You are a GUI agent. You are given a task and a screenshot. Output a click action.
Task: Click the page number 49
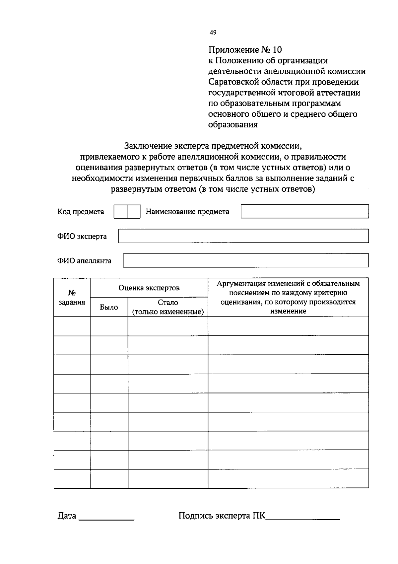click(x=213, y=33)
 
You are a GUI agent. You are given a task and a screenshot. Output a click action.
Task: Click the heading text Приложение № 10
click(x=245, y=50)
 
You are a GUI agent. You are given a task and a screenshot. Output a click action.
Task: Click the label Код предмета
click(x=81, y=212)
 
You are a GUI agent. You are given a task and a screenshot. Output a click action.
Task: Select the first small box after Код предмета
click(x=120, y=212)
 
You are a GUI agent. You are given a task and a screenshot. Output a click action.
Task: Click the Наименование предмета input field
click(x=304, y=211)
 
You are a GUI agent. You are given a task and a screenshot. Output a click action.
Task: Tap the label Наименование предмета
click(x=187, y=212)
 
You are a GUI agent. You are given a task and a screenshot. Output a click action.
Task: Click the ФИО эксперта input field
click(x=243, y=236)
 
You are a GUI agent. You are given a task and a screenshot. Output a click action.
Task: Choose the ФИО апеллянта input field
click(x=245, y=260)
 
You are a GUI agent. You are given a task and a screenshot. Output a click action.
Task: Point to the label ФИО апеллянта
click(x=84, y=261)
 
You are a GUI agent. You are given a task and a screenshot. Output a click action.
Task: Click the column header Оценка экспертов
click(x=149, y=288)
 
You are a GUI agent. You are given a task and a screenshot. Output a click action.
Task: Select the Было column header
click(x=109, y=307)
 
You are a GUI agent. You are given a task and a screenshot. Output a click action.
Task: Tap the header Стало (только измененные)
click(x=168, y=307)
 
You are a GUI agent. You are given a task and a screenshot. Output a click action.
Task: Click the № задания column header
click(x=72, y=298)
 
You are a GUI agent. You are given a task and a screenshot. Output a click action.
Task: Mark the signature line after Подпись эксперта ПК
click(x=303, y=518)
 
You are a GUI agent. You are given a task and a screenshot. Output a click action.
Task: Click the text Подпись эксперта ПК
click(x=222, y=516)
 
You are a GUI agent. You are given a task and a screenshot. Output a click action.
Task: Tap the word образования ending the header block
click(x=233, y=125)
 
